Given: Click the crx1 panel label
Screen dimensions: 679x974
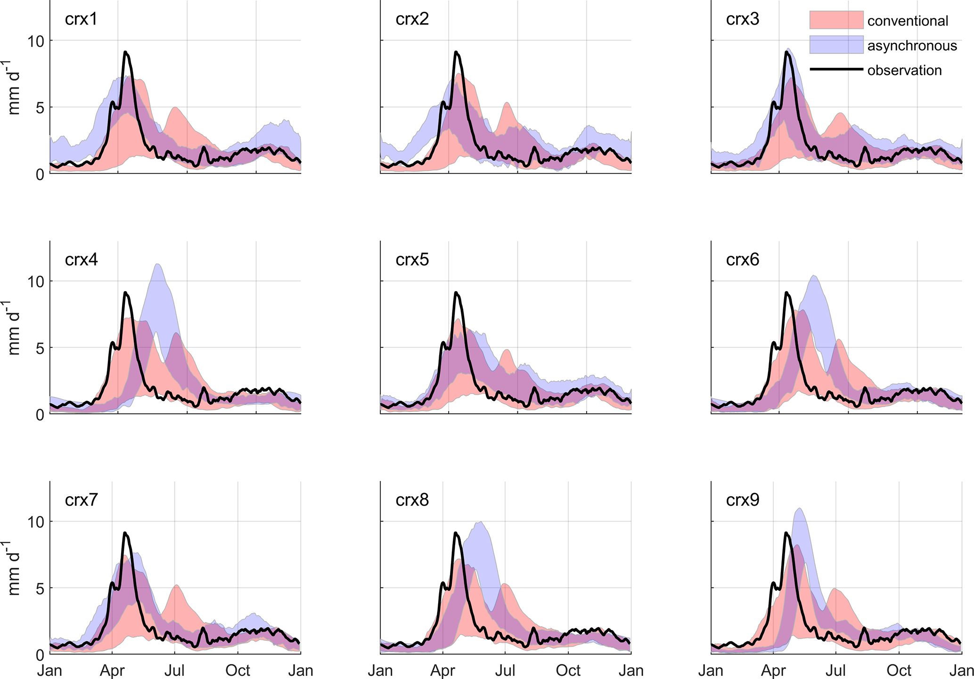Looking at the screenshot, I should [x=81, y=19].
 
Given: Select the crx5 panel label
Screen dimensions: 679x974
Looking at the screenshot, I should [x=412, y=260].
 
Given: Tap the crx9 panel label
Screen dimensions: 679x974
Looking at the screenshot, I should [x=743, y=500].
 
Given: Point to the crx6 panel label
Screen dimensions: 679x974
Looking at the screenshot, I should [x=743, y=260].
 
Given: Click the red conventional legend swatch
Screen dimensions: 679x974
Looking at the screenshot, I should [x=836, y=20].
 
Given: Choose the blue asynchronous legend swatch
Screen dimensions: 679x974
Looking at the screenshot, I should [x=836, y=45].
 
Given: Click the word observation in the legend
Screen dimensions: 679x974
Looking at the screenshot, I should [x=904, y=70].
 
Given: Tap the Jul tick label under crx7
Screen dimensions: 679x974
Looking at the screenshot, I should [x=174, y=671].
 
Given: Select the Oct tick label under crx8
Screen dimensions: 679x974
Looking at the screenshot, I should [x=568, y=671].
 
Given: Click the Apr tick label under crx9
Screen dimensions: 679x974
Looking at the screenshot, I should [x=773, y=671].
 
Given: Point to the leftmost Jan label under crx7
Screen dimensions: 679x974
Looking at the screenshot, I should [x=49, y=671].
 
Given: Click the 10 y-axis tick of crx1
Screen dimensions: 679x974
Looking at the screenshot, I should [x=35, y=41].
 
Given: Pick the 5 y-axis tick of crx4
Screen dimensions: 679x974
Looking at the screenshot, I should [x=40, y=348].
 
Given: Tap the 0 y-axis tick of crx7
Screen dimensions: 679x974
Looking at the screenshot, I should [x=40, y=655].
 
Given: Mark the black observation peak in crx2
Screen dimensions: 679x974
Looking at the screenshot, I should [x=456, y=52].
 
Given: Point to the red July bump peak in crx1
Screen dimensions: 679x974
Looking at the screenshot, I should [x=175, y=108].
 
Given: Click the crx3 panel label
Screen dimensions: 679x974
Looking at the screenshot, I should [x=743, y=19].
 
